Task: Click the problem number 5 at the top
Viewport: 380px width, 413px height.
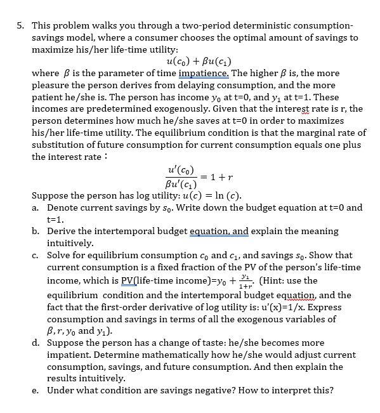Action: (x=20, y=26)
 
